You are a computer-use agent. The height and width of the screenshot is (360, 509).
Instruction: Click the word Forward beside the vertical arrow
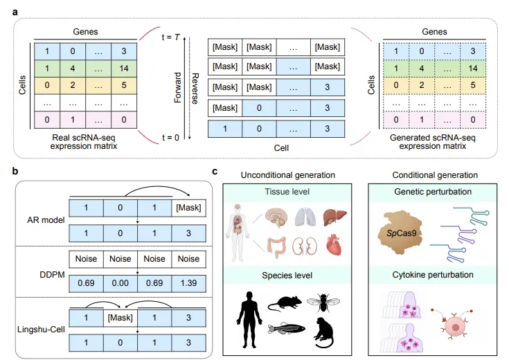pyautogui.click(x=177, y=87)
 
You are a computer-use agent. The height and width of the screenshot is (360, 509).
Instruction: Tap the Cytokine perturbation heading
pyautogui.click(x=434, y=275)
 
